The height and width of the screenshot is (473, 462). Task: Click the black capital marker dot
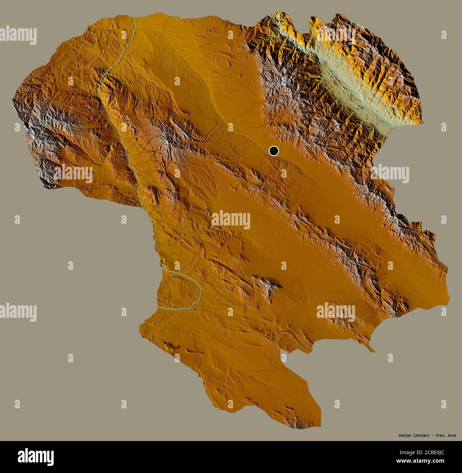click(x=273, y=151)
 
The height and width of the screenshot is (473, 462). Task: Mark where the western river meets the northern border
click(x=135, y=17)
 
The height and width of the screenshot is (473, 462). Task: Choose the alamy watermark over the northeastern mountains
click(x=390, y=174)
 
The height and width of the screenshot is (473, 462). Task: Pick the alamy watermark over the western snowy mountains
click(x=73, y=174)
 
